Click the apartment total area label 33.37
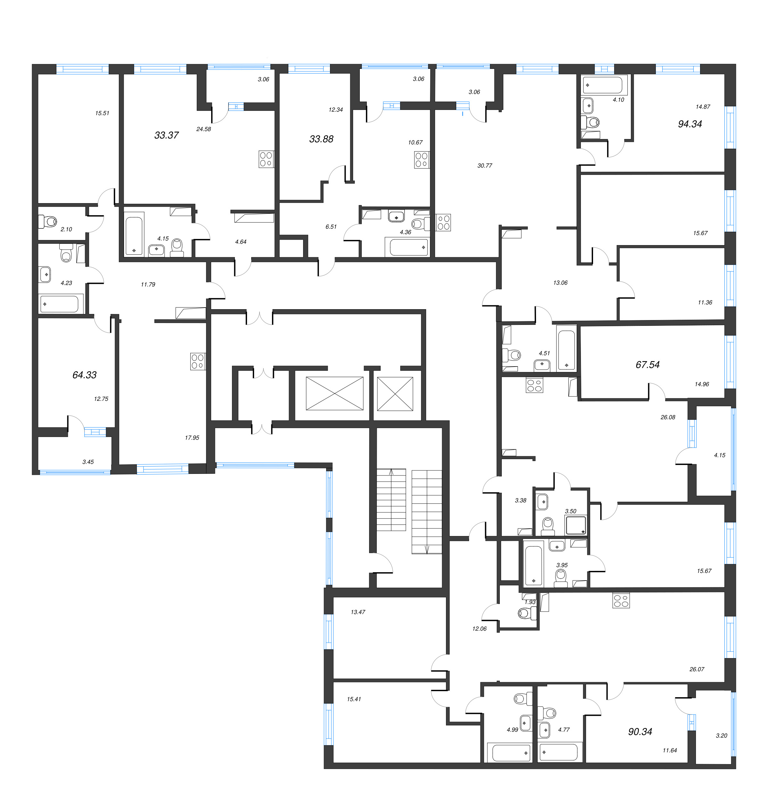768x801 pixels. coord(166,135)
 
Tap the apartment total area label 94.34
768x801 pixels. coord(690,124)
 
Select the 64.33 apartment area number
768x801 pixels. coord(84,375)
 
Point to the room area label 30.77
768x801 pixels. coord(484,166)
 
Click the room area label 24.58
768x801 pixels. coord(203,129)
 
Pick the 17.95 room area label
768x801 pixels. coord(192,438)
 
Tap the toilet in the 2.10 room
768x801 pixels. coord(48,221)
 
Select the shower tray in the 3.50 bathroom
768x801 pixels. coord(575,525)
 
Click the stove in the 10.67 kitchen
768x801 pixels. coord(421,160)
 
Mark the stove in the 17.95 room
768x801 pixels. coord(197,361)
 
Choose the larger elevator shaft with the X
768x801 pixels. coord(334,393)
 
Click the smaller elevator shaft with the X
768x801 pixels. coord(395,393)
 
